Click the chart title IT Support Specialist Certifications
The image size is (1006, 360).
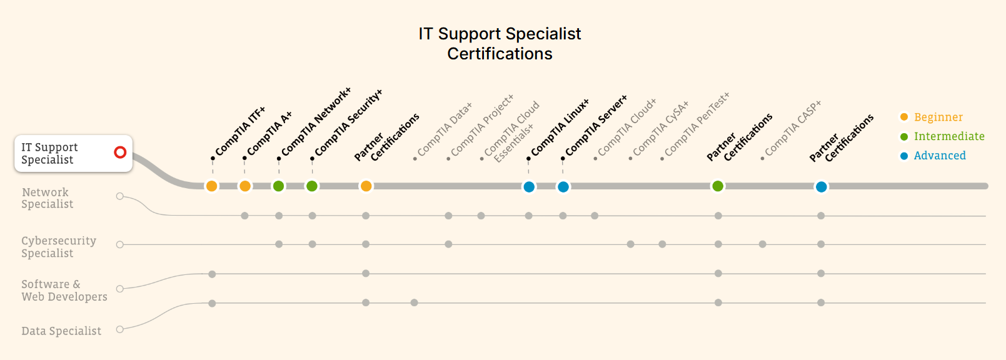point(500,44)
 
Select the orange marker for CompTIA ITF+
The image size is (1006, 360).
point(212,186)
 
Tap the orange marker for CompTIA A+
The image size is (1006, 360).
point(245,186)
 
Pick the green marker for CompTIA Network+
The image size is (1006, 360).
point(279,186)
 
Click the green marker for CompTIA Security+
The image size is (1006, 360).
point(312,186)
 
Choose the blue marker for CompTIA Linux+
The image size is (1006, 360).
point(529,187)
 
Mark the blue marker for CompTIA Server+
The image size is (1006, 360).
point(563,187)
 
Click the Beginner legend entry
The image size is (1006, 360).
point(938,117)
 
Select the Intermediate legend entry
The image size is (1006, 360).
point(948,136)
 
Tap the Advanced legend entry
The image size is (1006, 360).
point(939,156)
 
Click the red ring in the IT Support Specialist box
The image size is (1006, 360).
point(121,152)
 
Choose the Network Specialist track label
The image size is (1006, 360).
point(47,198)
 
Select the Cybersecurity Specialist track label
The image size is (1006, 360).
point(59,247)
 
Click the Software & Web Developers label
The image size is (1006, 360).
point(64,291)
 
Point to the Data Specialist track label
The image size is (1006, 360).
point(61,331)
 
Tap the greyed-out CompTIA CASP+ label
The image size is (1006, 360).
point(793,129)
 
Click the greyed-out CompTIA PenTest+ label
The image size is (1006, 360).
point(697,125)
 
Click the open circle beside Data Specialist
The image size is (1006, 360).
point(120,329)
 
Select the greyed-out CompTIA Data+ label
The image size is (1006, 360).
point(445,129)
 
